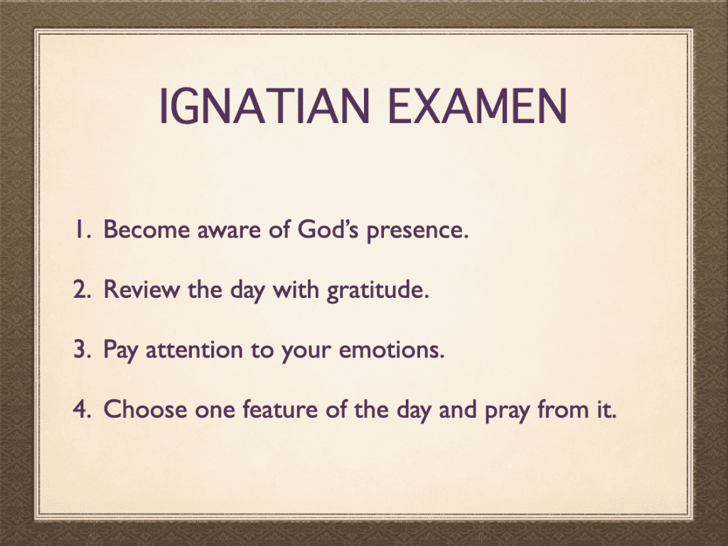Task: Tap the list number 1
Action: tap(82, 230)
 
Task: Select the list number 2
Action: tap(82, 289)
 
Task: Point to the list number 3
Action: tap(82, 349)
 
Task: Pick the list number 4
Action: tap(82, 409)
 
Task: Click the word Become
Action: tap(146, 230)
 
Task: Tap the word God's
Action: tap(328, 230)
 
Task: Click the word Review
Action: tap(141, 289)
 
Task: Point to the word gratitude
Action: tap(378, 291)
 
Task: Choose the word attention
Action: tap(194, 350)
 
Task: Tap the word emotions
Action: tap(392, 350)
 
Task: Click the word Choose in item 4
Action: tap(145, 409)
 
